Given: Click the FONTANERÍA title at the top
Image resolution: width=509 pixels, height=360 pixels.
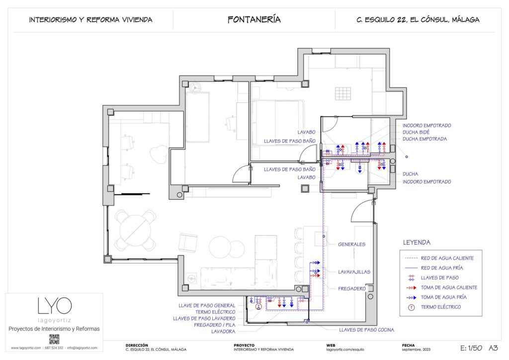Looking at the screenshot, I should (x=254, y=20).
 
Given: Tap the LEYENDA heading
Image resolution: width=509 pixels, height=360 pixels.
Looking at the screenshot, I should (x=417, y=243).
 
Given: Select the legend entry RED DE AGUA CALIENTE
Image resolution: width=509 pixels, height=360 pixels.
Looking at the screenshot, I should (x=447, y=258).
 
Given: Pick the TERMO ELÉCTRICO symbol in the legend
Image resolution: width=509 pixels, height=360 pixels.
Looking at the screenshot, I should (x=411, y=307).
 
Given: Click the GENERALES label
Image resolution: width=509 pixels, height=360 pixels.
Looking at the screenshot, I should (x=352, y=244).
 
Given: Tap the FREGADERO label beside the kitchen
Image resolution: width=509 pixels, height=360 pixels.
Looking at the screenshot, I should (x=352, y=288).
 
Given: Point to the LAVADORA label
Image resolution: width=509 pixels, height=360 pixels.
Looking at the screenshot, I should (x=223, y=331).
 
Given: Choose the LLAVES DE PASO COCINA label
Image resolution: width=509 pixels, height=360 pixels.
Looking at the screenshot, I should (x=366, y=330).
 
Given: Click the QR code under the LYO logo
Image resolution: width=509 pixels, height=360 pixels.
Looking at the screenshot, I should (x=54, y=339).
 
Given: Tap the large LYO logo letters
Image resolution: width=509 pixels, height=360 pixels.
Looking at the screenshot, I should (x=54, y=306).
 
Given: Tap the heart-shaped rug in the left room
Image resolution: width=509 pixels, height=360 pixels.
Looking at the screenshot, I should (x=160, y=153).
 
